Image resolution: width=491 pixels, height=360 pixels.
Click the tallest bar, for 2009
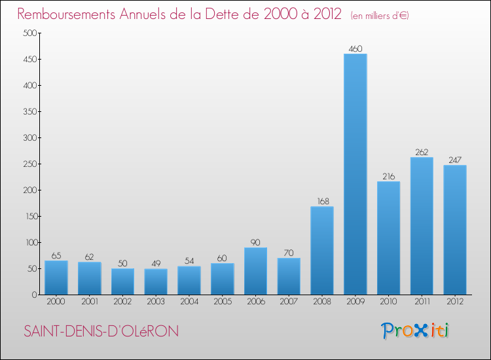point(355,174)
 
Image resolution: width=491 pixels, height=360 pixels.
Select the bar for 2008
point(322,251)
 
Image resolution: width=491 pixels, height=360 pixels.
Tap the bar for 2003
point(156,281)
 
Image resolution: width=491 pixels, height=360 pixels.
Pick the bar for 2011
point(422,226)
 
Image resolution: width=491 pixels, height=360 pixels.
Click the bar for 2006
point(255,271)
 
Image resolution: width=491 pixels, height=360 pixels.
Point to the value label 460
point(355,48)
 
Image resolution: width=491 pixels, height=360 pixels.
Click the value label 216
point(388,176)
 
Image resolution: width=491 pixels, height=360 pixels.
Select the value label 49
point(156,263)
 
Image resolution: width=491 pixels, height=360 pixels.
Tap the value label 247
point(455,160)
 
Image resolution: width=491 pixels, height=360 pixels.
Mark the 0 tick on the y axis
point(32,295)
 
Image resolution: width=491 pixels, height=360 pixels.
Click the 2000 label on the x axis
point(56,302)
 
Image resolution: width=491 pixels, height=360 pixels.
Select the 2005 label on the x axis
point(222,302)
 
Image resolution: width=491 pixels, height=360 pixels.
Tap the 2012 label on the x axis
point(455,302)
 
